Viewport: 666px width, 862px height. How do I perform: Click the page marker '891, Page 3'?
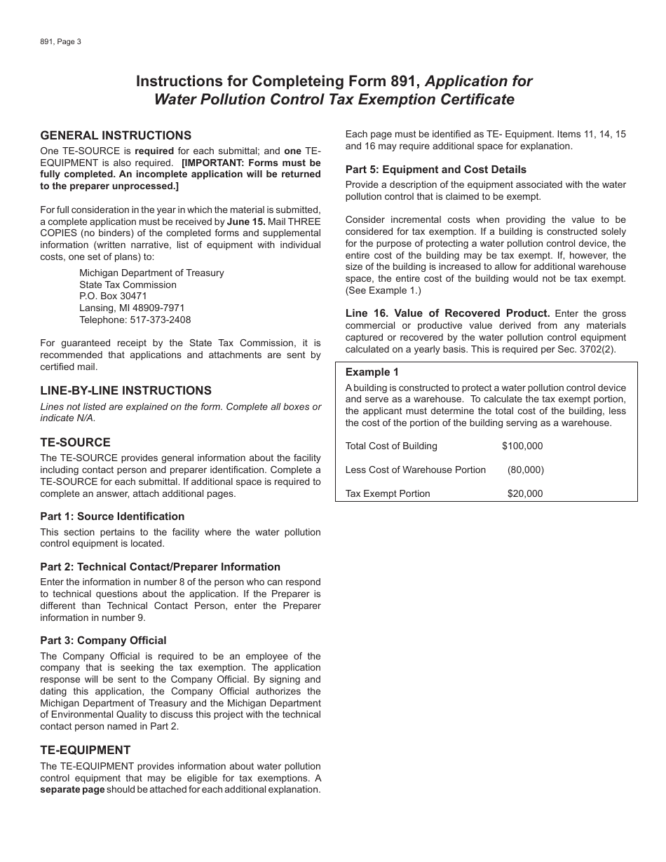coord(61,42)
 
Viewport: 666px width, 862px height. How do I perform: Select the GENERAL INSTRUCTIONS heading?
coord(116,135)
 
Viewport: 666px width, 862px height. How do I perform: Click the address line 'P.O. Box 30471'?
coord(114,296)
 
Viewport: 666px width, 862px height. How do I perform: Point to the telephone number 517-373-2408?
coord(160,320)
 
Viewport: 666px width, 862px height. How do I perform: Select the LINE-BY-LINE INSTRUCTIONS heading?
coord(125,390)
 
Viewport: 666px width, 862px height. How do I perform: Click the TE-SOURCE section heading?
coord(75,442)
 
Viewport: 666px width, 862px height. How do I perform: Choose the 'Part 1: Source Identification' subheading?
coord(112,516)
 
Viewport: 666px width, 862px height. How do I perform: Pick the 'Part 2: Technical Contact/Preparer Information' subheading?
coord(160,567)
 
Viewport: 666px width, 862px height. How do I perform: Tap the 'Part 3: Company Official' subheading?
coord(103,641)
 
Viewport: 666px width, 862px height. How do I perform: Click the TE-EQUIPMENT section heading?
coord(86,750)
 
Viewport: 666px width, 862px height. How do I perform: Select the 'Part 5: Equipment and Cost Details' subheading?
coord(435,170)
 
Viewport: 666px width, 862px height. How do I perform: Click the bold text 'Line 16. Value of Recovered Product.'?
coord(447,313)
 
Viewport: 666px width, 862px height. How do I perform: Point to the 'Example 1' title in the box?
coord(372,372)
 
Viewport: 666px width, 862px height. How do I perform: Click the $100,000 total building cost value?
coord(522,446)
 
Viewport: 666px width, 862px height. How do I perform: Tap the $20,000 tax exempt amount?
coord(525,493)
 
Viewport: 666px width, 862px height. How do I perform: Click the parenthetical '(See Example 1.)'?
coord(383,290)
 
